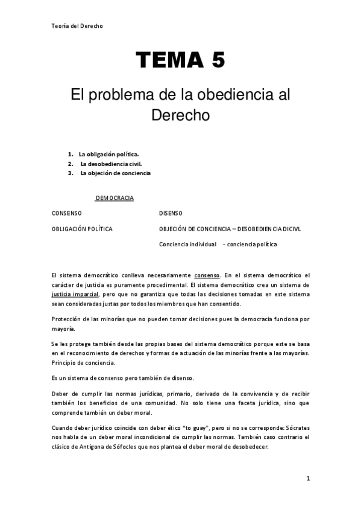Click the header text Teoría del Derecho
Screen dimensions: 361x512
[77, 26]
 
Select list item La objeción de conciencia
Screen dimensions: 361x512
[115, 173]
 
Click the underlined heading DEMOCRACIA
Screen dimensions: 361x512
[114, 198]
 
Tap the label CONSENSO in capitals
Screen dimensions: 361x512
[67, 213]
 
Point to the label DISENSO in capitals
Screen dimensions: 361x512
[171, 213]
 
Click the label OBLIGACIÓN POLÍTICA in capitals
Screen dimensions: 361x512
[82, 229]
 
